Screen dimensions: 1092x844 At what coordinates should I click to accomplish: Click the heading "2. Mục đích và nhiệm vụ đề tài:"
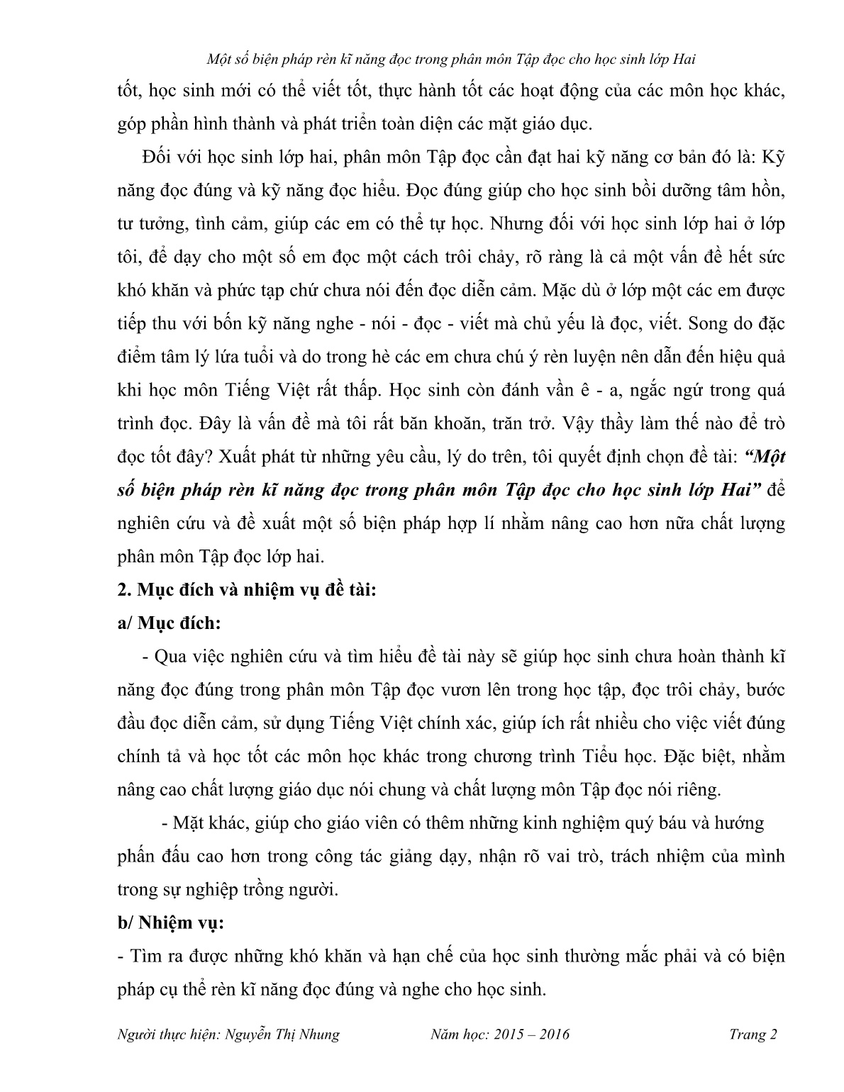point(246,590)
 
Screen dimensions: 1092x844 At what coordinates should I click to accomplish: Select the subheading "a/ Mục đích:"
point(169,623)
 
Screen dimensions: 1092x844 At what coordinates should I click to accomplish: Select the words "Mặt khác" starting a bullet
point(205,823)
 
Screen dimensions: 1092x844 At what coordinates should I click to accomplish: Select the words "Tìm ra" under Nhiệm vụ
point(152,956)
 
